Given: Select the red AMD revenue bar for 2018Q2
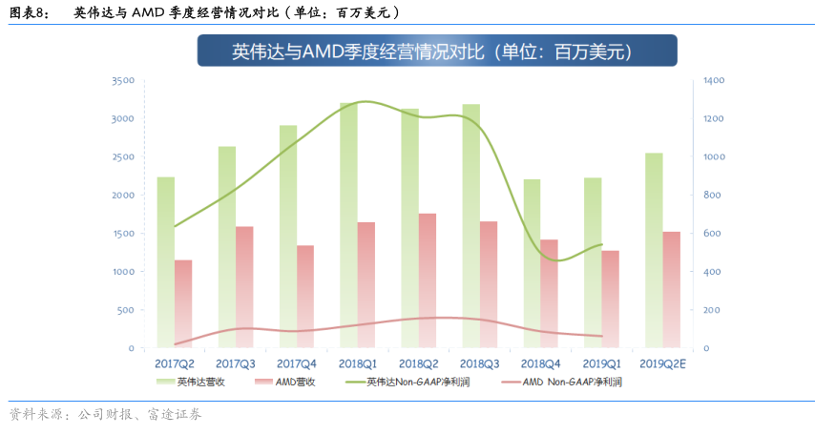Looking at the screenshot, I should (427, 280).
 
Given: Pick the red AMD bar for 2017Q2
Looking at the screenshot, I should (182, 303).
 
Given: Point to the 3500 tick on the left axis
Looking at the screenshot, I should (122, 81).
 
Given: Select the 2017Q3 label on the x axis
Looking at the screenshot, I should (235, 363).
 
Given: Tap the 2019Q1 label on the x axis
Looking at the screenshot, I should (601, 363).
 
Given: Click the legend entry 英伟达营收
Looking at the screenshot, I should (197, 383).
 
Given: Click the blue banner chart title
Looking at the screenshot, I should (437, 52).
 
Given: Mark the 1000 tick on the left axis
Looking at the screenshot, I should (122, 272).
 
